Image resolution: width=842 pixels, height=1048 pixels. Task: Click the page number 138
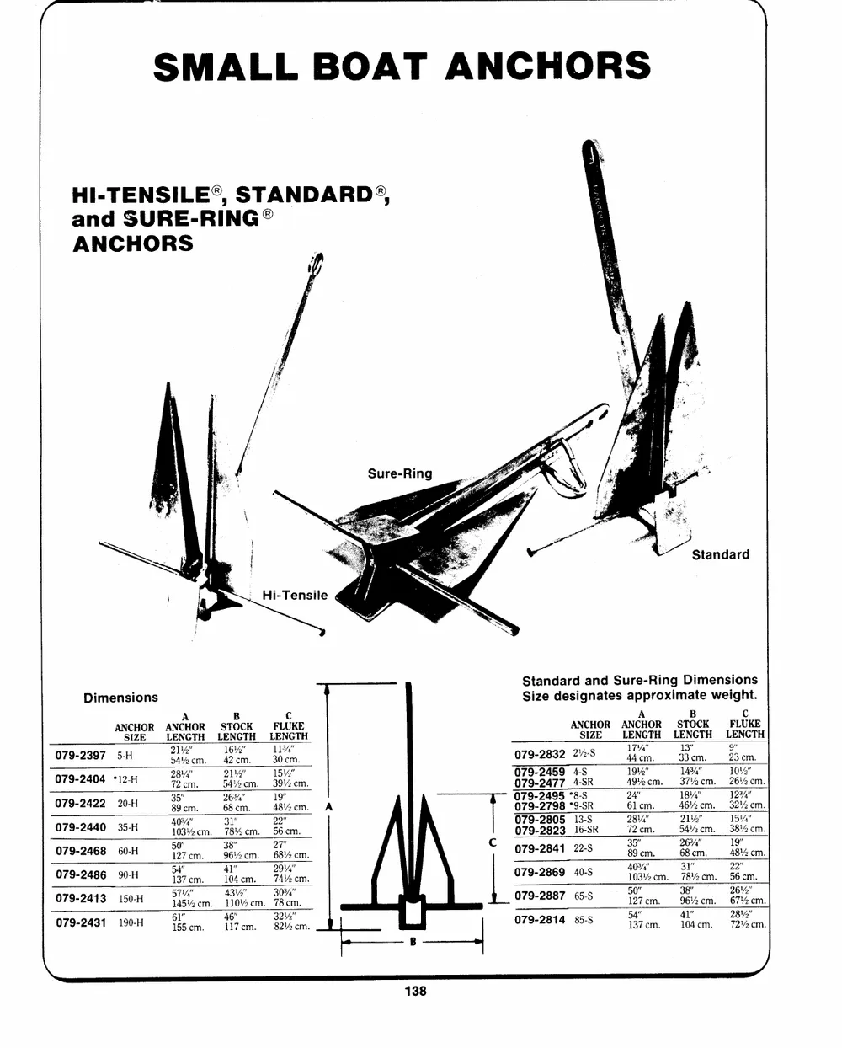(x=415, y=991)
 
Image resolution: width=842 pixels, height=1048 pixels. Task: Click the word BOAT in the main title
(x=370, y=67)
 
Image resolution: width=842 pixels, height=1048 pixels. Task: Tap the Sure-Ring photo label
(x=400, y=473)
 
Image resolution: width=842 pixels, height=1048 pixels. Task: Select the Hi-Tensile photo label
(x=295, y=595)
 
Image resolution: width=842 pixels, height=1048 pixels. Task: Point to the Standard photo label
(x=720, y=554)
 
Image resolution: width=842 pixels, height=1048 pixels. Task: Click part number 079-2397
(x=80, y=756)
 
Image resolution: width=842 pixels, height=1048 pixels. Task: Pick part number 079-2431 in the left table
(x=81, y=922)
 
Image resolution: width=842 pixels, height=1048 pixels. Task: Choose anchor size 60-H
(x=128, y=851)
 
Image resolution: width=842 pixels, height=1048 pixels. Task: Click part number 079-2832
(x=540, y=754)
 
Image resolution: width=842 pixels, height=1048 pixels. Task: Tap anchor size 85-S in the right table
(x=584, y=920)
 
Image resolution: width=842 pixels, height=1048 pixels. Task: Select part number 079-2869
(x=540, y=872)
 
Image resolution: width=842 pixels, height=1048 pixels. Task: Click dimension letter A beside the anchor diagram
(x=329, y=807)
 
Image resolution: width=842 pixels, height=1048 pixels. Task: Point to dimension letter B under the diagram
(x=413, y=942)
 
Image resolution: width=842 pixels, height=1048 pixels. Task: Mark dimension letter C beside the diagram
(x=493, y=842)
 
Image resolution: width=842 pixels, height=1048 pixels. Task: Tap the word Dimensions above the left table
(x=120, y=698)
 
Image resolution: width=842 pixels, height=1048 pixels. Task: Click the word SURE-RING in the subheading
(x=192, y=219)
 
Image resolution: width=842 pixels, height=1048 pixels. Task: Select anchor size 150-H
(x=131, y=899)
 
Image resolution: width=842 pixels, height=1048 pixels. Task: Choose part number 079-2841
(x=540, y=848)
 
